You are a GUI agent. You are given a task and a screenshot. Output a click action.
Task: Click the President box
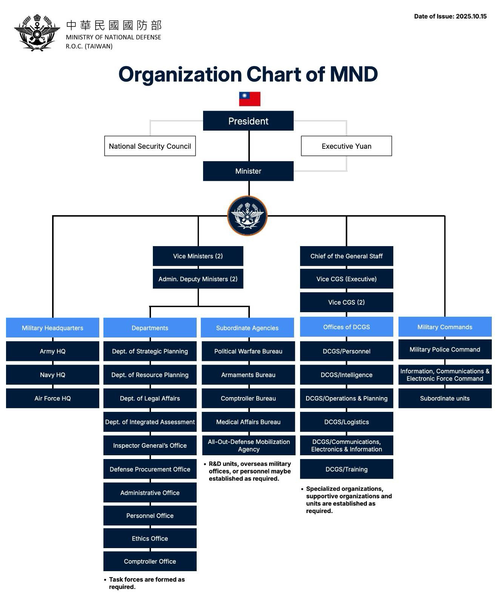[x=248, y=121]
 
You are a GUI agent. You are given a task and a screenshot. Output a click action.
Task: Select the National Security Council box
[x=150, y=146]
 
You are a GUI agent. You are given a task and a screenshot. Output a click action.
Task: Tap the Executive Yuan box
[x=346, y=146]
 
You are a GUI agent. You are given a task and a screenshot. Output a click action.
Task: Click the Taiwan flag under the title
[x=250, y=99]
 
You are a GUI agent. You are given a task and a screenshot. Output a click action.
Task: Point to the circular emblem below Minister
[x=247, y=216]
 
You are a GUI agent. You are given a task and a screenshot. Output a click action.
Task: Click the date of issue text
[x=450, y=16]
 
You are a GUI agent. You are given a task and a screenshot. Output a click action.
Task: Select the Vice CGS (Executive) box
[x=346, y=279]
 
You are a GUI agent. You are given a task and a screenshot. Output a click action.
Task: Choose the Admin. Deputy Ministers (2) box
[x=198, y=279]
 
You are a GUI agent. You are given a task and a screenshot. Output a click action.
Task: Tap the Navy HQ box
[x=52, y=375]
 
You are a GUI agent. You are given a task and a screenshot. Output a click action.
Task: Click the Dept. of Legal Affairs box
[x=150, y=398]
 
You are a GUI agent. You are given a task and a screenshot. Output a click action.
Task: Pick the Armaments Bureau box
[x=248, y=375]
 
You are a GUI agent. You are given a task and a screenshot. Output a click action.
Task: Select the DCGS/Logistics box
[x=346, y=422]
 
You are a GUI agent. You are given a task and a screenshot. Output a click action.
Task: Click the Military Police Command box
[x=445, y=350]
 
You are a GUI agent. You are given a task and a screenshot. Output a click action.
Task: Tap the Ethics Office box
[x=150, y=538]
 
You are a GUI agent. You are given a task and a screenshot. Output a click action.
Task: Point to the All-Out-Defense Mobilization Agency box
[x=248, y=445]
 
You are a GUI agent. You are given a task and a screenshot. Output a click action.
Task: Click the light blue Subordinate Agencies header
[x=247, y=328]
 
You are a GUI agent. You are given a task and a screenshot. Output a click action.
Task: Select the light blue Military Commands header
[x=445, y=327]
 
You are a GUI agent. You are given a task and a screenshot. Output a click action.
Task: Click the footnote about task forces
[x=146, y=583]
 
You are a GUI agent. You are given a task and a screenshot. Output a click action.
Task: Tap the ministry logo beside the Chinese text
[x=37, y=33]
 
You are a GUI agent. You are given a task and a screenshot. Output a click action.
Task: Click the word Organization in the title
[x=180, y=74]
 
